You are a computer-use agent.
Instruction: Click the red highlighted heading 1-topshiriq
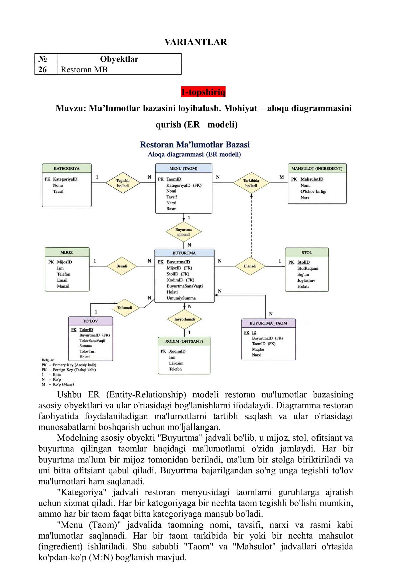coord(203,92)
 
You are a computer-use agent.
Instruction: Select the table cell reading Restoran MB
coord(119,70)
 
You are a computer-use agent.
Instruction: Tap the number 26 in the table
coord(43,70)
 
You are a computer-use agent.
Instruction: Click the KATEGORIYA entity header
coord(67,168)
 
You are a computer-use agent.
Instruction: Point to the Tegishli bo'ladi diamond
coord(123,183)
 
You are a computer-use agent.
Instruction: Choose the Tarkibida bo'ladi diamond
coord(251,183)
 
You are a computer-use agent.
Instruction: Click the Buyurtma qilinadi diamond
coord(183,232)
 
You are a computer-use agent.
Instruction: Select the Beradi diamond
coord(122,266)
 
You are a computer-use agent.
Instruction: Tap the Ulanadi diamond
coord(250,266)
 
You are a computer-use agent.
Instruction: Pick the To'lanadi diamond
coord(125,308)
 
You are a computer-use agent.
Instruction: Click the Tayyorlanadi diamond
coord(184,319)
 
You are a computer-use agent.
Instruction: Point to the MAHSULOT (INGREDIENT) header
coord(317,168)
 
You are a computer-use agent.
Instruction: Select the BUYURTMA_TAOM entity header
coord(268,323)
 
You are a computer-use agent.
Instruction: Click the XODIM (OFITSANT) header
coord(184,341)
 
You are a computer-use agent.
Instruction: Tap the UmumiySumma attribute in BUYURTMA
coord(181,298)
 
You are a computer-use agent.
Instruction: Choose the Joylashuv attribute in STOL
coord(306,280)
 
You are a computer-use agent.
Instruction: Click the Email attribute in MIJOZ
coord(62,280)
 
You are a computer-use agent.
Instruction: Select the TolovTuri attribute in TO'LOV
coord(87,351)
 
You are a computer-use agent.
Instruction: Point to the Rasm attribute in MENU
coord(171,209)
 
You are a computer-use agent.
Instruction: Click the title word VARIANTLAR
coord(195,42)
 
